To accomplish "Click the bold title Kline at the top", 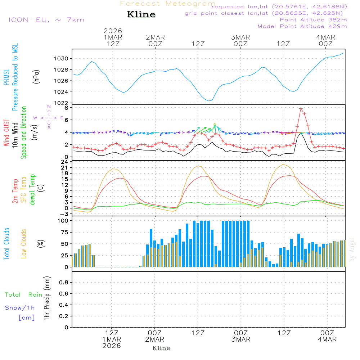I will pos(141,15).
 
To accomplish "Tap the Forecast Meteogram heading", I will pos(168,4).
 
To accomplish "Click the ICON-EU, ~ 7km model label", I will pos(46,20).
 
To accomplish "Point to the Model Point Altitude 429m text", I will pos(302,26).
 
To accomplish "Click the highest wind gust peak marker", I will pos(301,109).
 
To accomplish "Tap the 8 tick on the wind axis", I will pos(66,108).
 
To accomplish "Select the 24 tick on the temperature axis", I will pos(65,162).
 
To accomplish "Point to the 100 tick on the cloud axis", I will pos(63,221).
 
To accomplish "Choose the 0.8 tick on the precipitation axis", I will pos(63,283).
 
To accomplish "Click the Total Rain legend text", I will pos(23,295).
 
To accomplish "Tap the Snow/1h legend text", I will pos(20,308).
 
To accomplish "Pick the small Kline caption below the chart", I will pos(161,348).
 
